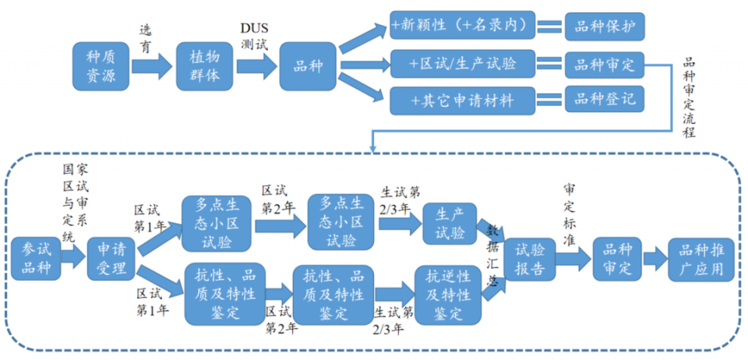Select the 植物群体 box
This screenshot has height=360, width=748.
click(x=205, y=65)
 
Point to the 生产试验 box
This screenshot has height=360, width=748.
click(x=449, y=224)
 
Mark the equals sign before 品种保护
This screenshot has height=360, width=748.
click(x=549, y=26)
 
